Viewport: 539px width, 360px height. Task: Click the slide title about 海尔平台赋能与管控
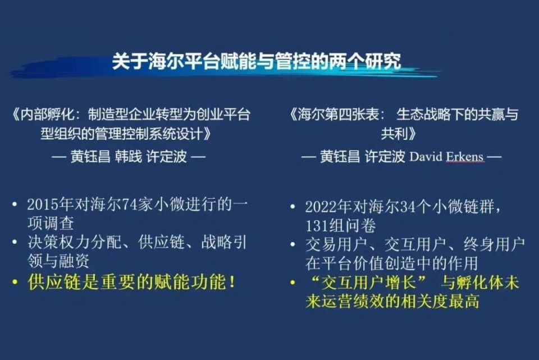(256, 61)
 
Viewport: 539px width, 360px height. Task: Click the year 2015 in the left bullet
(43, 205)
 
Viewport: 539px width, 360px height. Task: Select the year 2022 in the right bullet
(321, 206)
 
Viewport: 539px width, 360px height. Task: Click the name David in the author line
(427, 157)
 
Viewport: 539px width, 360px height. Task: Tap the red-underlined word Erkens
(465, 157)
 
